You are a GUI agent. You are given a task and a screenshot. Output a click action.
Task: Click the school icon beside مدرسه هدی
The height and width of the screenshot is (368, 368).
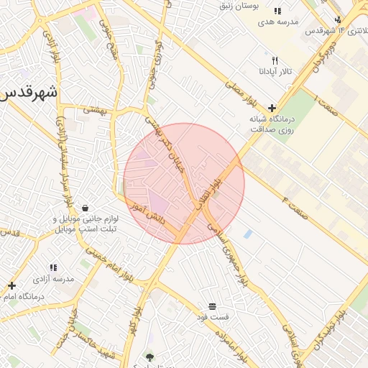click(277, 11)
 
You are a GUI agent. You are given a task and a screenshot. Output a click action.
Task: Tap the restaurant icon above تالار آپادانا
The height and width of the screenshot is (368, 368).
click(275, 61)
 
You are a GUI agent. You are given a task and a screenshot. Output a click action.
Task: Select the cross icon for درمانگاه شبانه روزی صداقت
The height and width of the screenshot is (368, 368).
click(272, 108)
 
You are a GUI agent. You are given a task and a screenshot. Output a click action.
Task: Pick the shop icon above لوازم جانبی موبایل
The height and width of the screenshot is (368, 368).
click(86, 208)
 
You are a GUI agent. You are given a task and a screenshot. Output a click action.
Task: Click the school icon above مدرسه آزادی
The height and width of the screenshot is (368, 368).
click(53, 267)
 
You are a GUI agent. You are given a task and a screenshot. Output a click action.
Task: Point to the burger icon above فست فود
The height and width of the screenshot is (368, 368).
click(212, 305)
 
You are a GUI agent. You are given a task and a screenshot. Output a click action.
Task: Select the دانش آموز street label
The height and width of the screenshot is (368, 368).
click(147, 213)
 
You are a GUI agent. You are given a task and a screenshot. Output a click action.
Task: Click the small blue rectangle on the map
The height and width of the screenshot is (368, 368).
click(248, 234)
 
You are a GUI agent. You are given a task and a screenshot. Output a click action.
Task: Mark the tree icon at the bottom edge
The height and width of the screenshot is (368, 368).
click(149, 357)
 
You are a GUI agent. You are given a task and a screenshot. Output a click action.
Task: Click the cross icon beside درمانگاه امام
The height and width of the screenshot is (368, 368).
click(11, 285)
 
